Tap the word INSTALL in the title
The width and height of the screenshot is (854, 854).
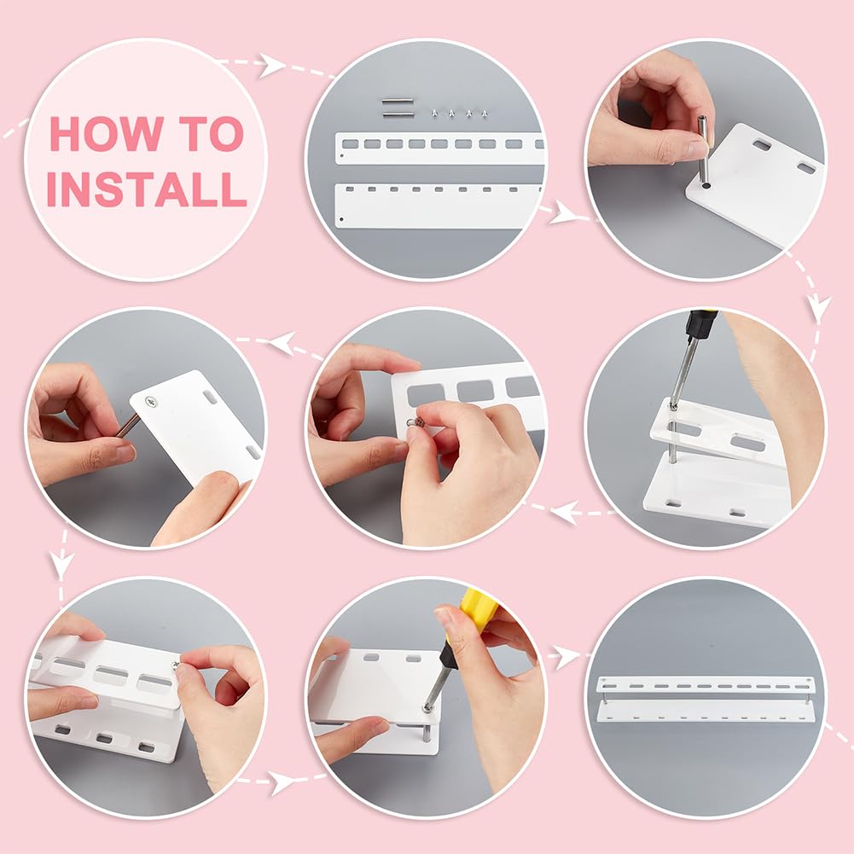(x=147, y=189)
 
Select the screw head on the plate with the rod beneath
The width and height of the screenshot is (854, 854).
(x=151, y=403)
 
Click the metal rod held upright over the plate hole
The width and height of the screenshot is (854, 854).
(x=703, y=149)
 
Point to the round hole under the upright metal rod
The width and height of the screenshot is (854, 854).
(x=706, y=186)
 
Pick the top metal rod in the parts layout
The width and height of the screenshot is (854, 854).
(x=398, y=102)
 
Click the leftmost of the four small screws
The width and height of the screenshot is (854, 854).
(x=434, y=113)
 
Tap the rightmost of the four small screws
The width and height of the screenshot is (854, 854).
(x=485, y=113)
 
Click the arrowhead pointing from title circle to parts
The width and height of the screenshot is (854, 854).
(x=271, y=66)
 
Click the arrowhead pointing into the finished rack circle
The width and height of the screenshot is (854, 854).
(x=566, y=656)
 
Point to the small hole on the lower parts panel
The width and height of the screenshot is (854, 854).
(x=341, y=219)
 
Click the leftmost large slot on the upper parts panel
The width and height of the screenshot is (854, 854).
(x=350, y=144)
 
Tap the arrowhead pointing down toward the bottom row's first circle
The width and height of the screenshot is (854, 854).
(x=61, y=565)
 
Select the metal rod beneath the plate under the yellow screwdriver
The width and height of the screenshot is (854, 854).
(x=426, y=733)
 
